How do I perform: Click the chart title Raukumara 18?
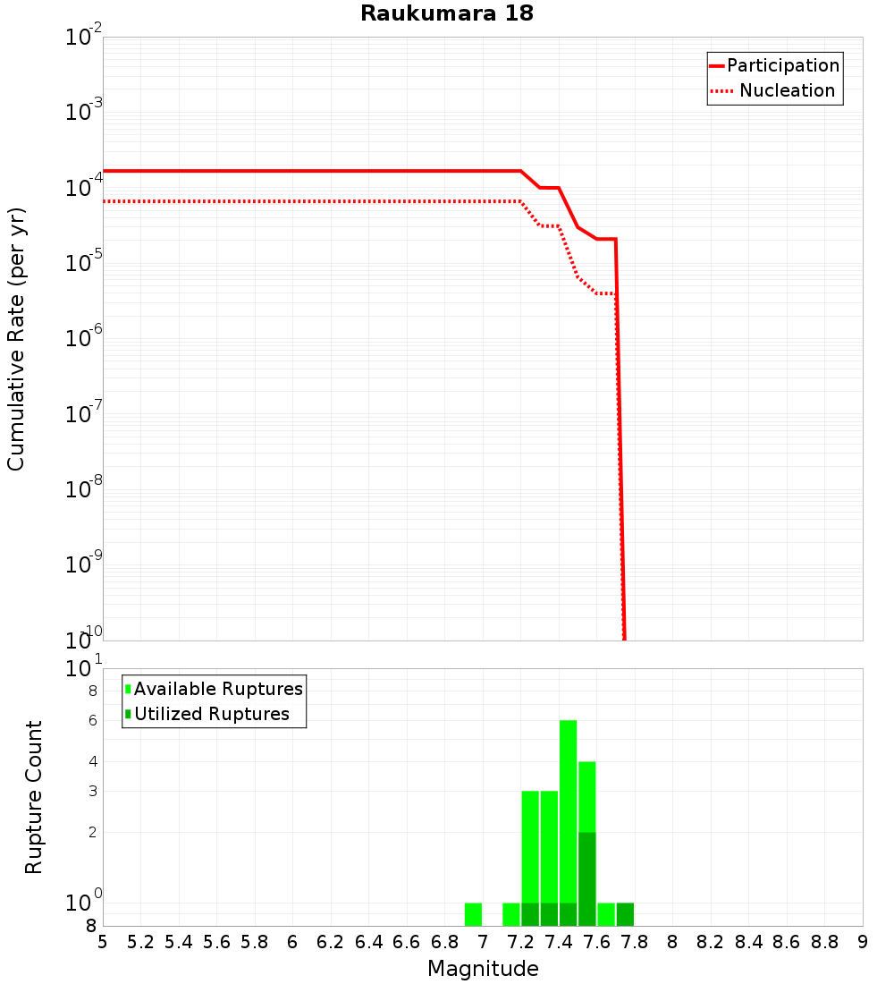pyautogui.click(x=447, y=13)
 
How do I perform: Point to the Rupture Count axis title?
pyautogui.click(x=34, y=797)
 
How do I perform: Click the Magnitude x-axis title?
pyautogui.click(x=483, y=969)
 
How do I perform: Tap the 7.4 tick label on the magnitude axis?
pyautogui.click(x=560, y=942)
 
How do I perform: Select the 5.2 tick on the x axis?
pyautogui.click(x=141, y=942)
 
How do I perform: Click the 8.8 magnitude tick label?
pyautogui.click(x=825, y=942)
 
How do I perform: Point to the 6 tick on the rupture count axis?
pyautogui.click(x=92, y=721)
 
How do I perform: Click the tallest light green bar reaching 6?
pyautogui.click(x=568, y=805)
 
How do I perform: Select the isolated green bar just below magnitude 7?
pyautogui.click(x=474, y=914)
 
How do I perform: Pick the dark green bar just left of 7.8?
pyautogui.click(x=625, y=914)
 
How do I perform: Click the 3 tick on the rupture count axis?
pyautogui.click(x=92, y=791)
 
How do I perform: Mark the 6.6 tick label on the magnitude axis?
pyautogui.click(x=408, y=942)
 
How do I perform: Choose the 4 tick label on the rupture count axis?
pyautogui.click(x=92, y=762)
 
